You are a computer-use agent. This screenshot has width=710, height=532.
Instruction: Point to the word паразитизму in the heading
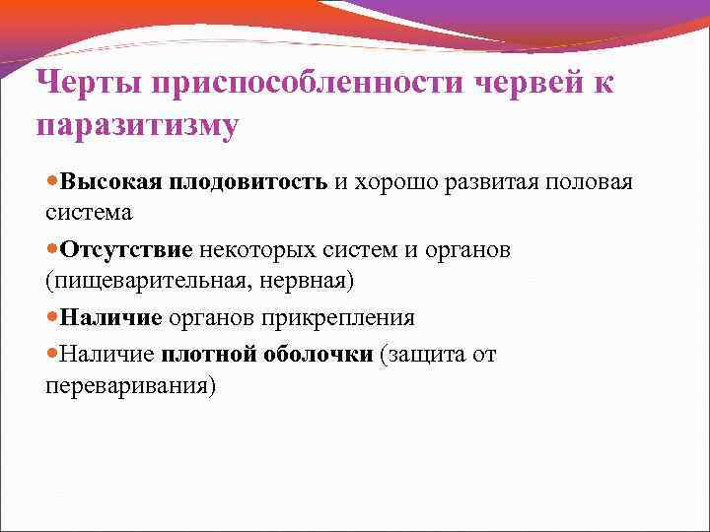(x=137, y=127)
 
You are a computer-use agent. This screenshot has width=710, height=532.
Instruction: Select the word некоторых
(x=248, y=250)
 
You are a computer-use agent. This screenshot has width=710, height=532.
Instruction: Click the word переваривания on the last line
(x=128, y=385)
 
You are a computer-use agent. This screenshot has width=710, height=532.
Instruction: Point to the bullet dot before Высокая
(x=52, y=183)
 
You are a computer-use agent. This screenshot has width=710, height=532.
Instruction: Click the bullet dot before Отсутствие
(x=52, y=250)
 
